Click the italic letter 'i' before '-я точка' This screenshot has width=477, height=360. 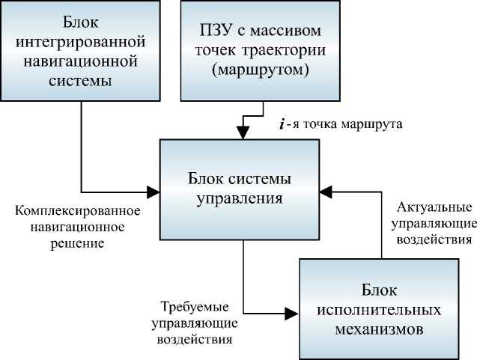(x=282, y=124)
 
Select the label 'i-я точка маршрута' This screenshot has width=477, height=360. (x=341, y=124)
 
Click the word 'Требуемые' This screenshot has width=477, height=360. (x=195, y=307)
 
